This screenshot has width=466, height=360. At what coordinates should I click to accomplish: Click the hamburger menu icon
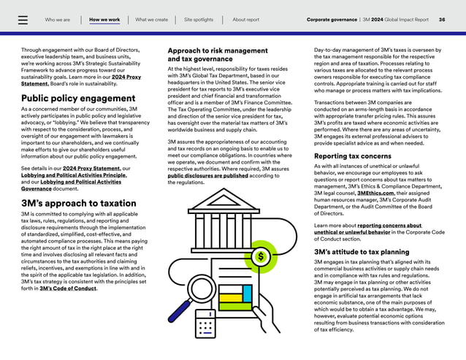click(23, 20)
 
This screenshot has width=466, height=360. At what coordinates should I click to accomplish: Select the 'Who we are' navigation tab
click(58, 20)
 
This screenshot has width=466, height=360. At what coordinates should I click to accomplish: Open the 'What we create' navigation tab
click(151, 20)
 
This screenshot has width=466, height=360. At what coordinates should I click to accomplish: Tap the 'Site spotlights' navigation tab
click(199, 20)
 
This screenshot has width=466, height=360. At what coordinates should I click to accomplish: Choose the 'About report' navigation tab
click(245, 20)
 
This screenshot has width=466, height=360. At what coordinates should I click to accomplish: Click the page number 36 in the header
click(442, 20)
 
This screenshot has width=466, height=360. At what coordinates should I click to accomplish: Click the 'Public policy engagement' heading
click(77, 98)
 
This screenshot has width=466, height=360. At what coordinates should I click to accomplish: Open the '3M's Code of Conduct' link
click(68, 288)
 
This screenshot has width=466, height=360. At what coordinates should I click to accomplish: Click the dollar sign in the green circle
click(261, 256)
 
